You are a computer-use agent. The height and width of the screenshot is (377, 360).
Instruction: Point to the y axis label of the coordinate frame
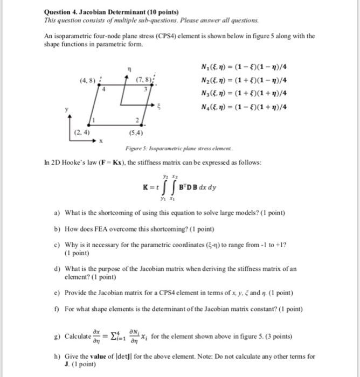67,109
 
